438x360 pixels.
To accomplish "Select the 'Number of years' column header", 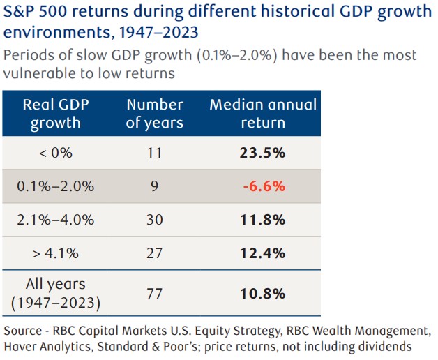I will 154,114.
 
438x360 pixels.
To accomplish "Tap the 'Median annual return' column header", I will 263,114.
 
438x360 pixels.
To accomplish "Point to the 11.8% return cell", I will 264,220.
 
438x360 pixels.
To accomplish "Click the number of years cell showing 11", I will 154,153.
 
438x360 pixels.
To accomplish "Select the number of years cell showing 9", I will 154,186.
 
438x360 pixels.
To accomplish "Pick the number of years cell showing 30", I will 154,220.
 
